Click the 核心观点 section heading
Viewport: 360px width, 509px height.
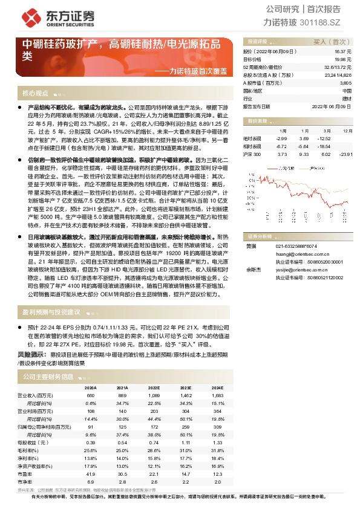(35, 93)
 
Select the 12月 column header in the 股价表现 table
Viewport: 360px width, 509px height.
(346, 131)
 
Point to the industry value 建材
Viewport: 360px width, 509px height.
(346, 97)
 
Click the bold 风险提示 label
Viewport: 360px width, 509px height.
(31, 354)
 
